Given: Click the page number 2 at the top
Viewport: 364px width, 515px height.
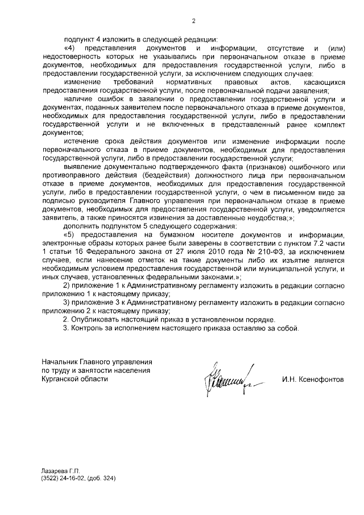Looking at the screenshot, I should coord(193,21).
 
